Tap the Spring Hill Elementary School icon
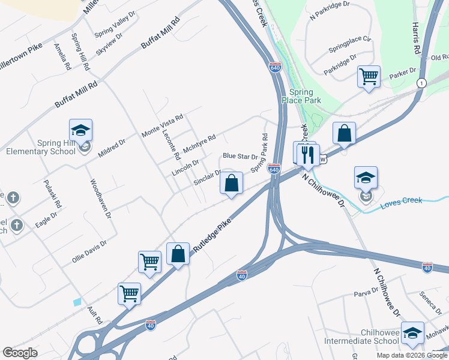pos(80,130)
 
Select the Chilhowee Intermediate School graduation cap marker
pos(413,333)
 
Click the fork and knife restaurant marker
pos(308,154)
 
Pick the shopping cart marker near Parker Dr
pos(369,76)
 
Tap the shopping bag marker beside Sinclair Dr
pos(232,182)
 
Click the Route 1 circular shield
pos(422,83)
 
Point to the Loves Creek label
pos(401,203)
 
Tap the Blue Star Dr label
pos(240,156)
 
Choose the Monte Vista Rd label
pos(161,125)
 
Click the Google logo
pos(20,353)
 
